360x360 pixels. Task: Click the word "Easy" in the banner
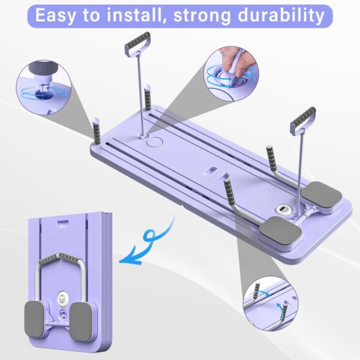tap(55, 16)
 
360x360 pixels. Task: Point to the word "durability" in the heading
tap(281, 16)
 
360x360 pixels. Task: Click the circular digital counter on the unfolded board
tap(282, 209)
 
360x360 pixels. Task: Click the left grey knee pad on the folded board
tap(34, 319)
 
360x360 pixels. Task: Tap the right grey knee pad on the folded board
tap(80, 322)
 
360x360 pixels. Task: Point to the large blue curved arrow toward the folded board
tap(147, 245)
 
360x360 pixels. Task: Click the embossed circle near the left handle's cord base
tap(154, 142)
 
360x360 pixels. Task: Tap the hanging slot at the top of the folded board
tap(63, 223)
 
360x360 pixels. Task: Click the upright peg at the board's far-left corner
tap(97, 130)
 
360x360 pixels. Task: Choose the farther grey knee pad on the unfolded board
tap(322, 194)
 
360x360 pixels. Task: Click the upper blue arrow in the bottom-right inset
tap(260, 292)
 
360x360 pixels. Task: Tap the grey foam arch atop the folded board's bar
tap(59, 259)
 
